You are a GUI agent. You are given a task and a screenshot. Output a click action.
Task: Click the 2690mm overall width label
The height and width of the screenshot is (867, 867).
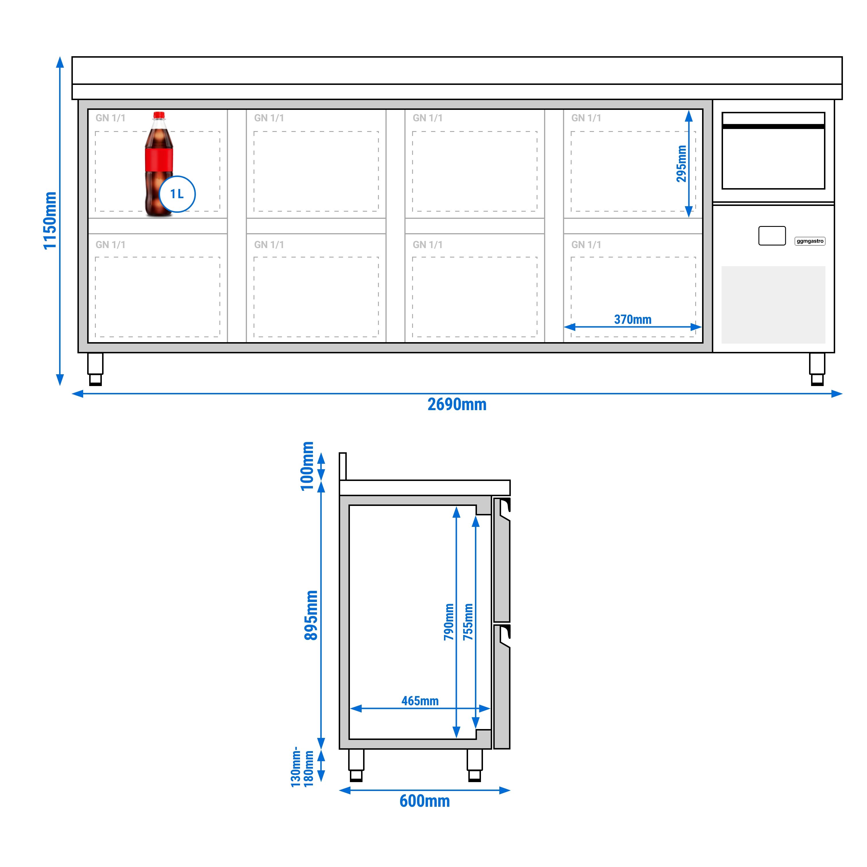457,404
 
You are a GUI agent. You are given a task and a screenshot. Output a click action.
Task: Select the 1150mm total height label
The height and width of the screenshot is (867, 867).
50,220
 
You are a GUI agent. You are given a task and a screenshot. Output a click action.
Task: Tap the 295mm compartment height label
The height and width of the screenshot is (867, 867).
681,164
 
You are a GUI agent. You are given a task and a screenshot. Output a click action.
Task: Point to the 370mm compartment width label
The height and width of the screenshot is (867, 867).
632,319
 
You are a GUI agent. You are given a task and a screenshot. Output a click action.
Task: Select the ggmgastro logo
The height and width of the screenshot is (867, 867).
810,241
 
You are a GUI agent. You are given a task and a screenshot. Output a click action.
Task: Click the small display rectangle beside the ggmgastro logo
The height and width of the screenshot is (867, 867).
772,235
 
